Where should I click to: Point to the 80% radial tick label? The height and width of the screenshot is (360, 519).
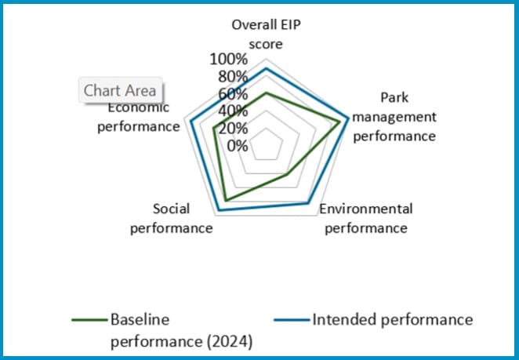pyautogui.click(x=233, y=77)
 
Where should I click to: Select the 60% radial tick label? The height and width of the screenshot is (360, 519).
pyautogui.click(x=233, y=94)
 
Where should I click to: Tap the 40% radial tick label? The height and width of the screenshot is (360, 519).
pyautogui.click(x=233, y=111)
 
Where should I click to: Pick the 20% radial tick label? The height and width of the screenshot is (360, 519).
pyautogui.click(x=233, y=129)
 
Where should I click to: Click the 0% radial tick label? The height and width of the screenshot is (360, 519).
pyautogui.click(x=238, y=146)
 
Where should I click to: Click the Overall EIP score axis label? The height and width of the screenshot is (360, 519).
pyautogui.click(x=266, y=34)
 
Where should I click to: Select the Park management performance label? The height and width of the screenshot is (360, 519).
pyautogui.click(x=394, y=116)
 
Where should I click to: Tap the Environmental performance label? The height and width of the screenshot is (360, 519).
pyautogui.click(x=365, y=219)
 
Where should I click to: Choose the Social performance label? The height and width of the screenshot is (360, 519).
pyautogui.click(x=171, y=219)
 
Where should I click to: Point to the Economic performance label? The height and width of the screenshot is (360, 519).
pyautogui.click(x=138, y=118)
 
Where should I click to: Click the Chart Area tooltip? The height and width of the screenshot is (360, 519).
pyautogui.click(x=120, y=90)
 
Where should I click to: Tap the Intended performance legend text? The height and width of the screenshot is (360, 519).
pyautogui.click(x=392, y=320)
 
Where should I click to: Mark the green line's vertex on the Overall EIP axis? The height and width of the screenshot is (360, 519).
pyautogui.click(x=266, y=93)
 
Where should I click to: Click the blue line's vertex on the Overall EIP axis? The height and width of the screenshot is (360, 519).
pyautogui.click(x=266, y=69)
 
